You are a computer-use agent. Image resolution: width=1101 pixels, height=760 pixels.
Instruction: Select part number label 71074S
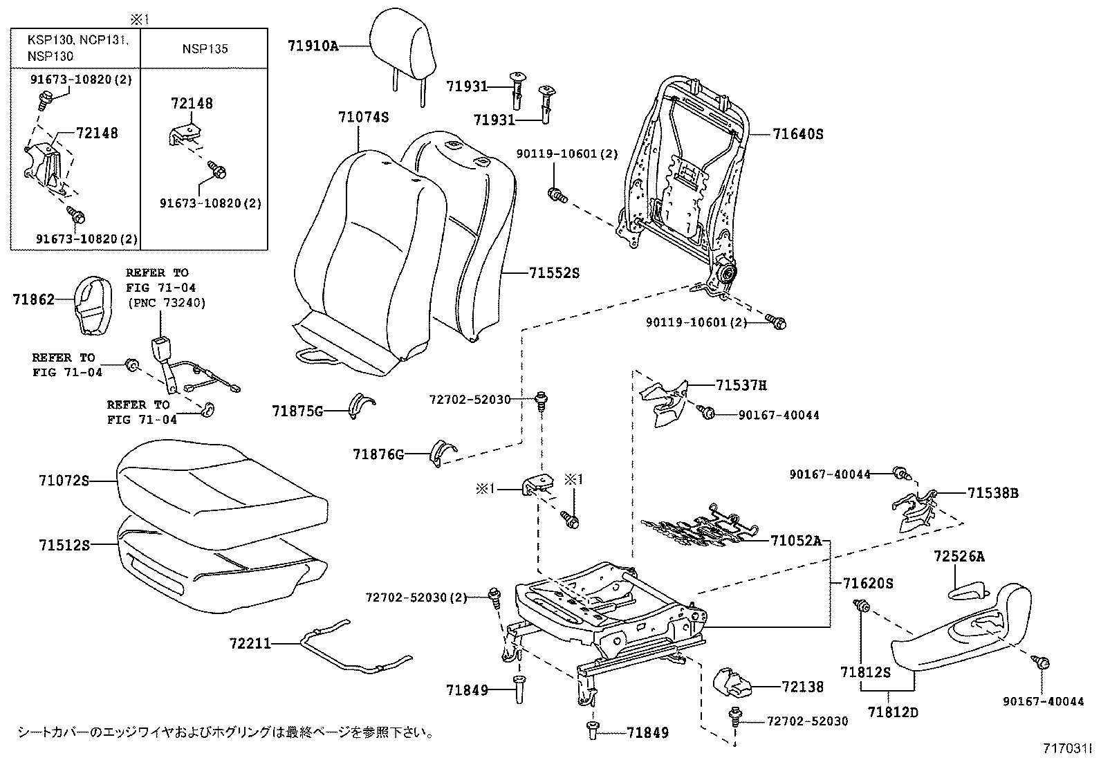(363, 117)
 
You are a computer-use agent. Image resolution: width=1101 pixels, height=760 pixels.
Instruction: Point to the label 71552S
(554, 273)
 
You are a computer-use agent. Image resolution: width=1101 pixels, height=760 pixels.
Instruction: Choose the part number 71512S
(64, 545)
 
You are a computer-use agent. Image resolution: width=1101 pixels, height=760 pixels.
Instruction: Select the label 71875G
(297, 411)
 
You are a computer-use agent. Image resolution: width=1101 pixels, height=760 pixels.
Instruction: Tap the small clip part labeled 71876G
(441, 451)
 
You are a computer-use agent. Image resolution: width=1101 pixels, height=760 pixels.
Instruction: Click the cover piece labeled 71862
(93, 304)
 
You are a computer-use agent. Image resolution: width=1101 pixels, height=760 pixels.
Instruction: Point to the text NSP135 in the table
(205, 49)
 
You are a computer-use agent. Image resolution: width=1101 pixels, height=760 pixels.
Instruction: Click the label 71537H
(741, 386)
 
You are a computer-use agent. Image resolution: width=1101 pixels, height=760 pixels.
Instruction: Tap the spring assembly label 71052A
(795, 541)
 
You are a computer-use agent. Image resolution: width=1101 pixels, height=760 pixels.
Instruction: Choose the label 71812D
(893, 711)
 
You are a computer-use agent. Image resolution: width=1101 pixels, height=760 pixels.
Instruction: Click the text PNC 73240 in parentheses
(166, 303)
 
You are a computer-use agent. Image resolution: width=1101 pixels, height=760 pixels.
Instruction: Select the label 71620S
(868, 584)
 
